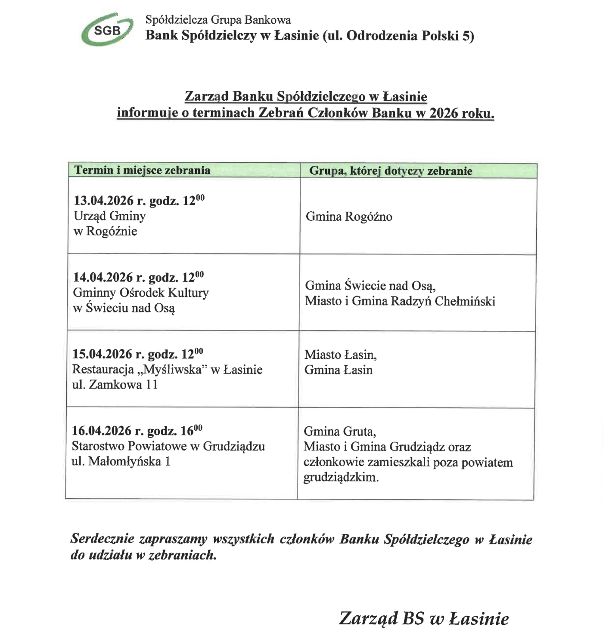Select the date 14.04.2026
tap(103, 278)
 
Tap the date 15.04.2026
tap(102, 354)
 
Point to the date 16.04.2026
tap(102, 431)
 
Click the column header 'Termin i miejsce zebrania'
tap(142, 170)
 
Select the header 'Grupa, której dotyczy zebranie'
tap(391, 171)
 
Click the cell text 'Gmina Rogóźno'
tap(349, 216)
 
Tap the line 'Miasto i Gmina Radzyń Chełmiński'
tap(400, 301)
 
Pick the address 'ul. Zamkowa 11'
tap(115, 384)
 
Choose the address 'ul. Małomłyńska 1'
tap(121, 462)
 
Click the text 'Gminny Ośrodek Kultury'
tap(141, 293)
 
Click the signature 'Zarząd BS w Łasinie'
tap(424, 618)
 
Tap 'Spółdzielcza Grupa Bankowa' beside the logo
tap(218, 20)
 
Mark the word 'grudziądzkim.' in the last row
tap(341, 478)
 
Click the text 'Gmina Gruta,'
tap(340, 431)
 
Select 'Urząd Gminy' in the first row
tap(109, 216)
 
